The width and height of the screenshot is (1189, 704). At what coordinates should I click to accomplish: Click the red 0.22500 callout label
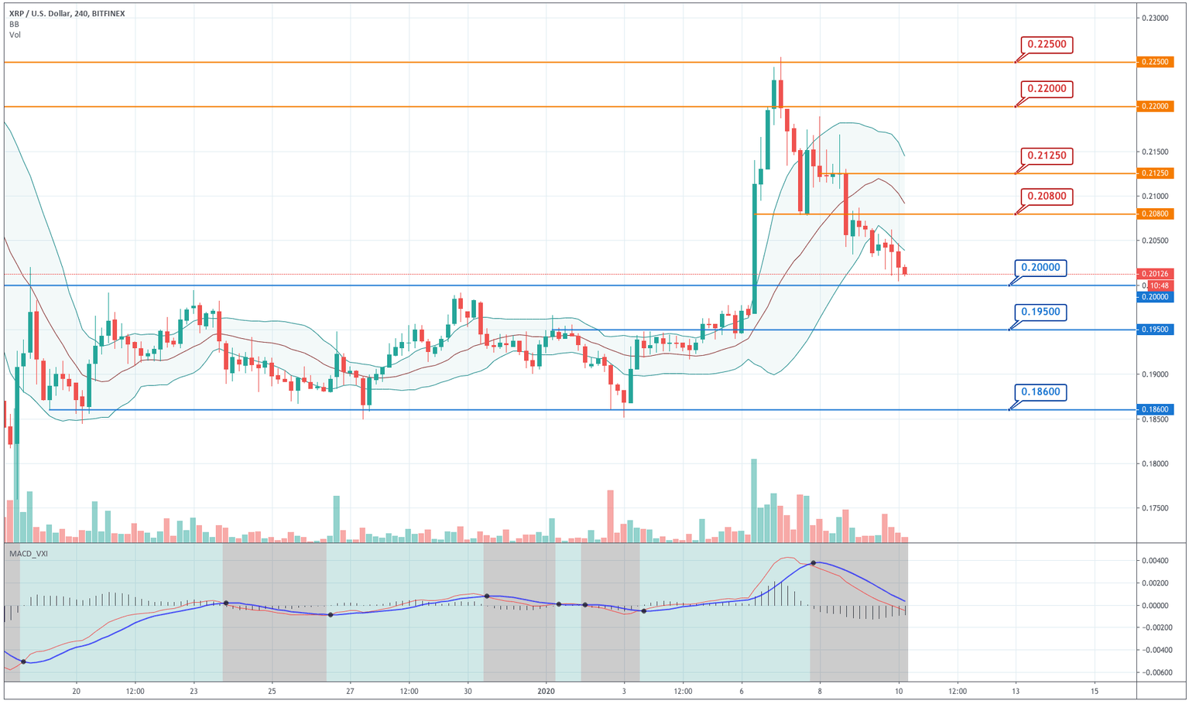[x=1047, y=45]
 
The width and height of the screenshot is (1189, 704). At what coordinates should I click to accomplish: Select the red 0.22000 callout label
[x=1047, y=89]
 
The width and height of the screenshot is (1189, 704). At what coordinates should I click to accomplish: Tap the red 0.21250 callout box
[x=1047, y=155]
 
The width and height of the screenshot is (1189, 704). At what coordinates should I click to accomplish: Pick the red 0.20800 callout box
[x=1047, y=197]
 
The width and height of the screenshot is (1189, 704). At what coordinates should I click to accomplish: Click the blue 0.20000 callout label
[x=1041, y=268]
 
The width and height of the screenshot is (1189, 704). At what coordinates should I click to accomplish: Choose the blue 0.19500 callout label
[x=1041, y=313]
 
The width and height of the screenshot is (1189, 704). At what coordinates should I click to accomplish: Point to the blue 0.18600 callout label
[x=1041, y=392]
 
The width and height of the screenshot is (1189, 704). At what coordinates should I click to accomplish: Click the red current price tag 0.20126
[x=1155, y=274]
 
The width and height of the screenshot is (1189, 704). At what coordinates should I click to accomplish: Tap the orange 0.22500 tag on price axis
[x=1155, y=62]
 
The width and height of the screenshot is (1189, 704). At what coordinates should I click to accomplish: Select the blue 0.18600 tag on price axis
[x=1155, y=410]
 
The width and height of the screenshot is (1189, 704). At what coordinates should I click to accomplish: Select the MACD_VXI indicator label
[x=29, y=554]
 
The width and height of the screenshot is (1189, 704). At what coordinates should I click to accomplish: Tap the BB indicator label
[x=14, y=24]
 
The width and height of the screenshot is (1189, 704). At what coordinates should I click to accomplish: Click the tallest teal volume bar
[x=754, y=500]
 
